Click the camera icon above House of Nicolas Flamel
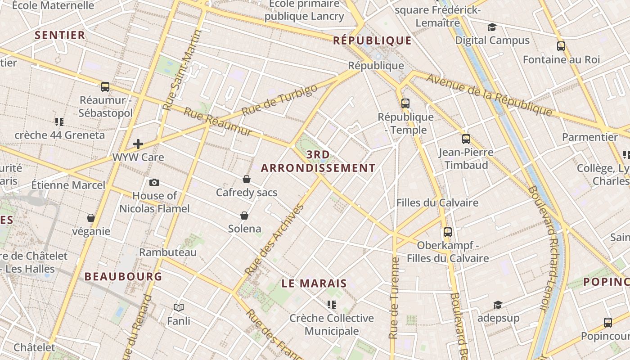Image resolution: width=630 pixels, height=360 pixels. point(154,182)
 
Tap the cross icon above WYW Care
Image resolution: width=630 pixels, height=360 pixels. point(138,144)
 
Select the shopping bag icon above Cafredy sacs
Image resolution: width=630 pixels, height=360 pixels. point(247,179)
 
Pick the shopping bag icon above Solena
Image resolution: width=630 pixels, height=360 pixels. point(244,216)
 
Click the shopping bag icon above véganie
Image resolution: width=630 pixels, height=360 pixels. point(91,218)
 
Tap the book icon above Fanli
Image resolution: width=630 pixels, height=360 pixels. point(179,308)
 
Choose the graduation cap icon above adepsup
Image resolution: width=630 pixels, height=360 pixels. point(498,305)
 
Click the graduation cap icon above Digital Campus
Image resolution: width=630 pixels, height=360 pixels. point(492,27)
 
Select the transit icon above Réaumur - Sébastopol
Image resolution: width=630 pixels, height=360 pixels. point(105,86)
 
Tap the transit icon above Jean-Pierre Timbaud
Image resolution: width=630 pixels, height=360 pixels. point(466,139)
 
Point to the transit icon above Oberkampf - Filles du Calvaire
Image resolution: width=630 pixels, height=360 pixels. point(448,232)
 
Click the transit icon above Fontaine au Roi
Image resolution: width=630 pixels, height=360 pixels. point(561,46)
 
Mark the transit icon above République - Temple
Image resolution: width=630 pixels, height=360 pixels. point(405,103)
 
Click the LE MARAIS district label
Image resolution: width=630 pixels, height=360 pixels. point(314,283)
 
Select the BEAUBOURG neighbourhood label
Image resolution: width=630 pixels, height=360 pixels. point(123,276)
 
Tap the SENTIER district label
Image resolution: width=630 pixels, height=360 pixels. point(60,35)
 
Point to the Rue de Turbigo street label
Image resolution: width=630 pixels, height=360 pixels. point(279,100)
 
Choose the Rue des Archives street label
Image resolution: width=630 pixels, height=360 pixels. point(274,239)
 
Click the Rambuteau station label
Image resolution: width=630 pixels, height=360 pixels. point(168,252)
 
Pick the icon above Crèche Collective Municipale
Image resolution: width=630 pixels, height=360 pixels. point(332,305)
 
